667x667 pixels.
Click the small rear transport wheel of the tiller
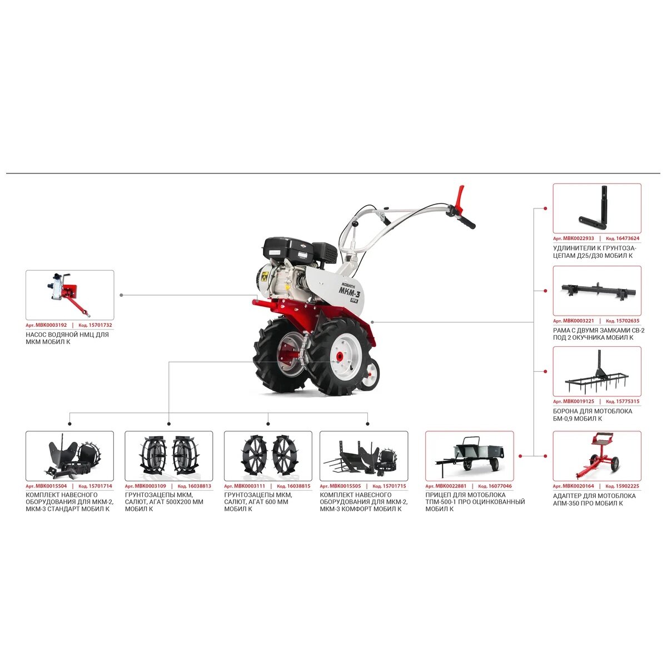click(x=370, y=376)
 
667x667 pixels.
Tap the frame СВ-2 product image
click(x=597, y=291)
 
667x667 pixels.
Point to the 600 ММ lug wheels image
click(x=268, y=456)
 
